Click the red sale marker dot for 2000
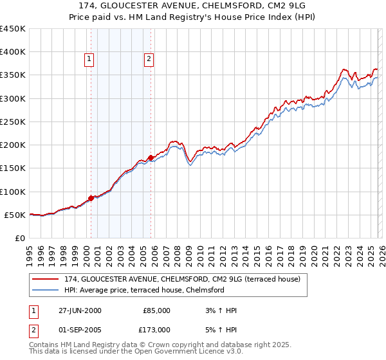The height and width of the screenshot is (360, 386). (x=91, y=198)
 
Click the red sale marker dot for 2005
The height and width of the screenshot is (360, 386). (x=151, y=157)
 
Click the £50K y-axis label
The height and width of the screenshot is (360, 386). (x=15, y=215)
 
